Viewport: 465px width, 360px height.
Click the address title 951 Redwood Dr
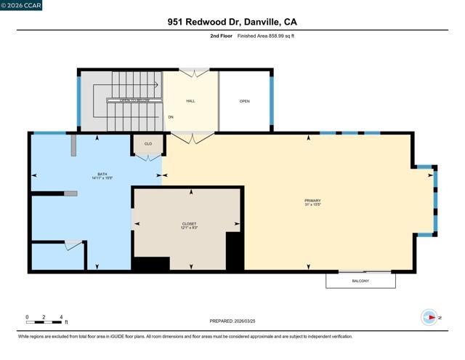tap(232, 23)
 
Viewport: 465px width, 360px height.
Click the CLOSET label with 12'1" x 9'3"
tap(189, 225)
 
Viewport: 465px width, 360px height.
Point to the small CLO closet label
tap(148, 144)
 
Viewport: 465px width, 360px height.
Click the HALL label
tap(190, 101)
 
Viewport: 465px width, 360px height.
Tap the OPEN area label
tap(245, 101)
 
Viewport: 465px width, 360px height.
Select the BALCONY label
tap(360, 281)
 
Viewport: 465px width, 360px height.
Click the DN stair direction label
tap(171, 116)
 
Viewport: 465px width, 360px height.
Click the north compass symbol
tap(429, 317)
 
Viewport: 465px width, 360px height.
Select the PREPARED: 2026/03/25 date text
tap(232, 321)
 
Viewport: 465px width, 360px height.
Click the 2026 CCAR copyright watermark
tap(22, 5)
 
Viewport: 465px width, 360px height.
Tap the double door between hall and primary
tap(192, 136)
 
